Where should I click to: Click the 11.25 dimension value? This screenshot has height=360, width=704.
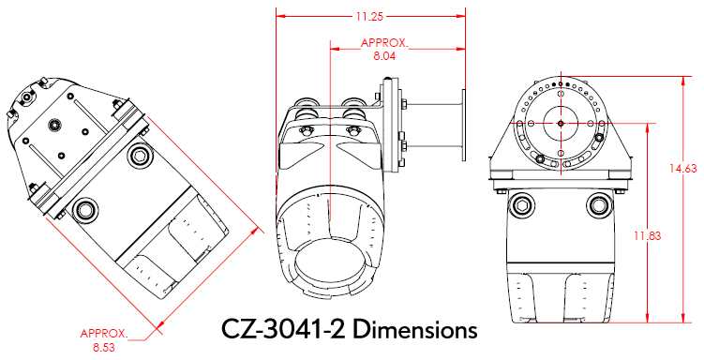pyautogui.click(x=370, y=17)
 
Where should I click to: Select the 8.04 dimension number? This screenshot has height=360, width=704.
pyautogui.click(x=384, y=56)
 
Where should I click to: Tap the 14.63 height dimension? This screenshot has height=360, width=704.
pyautogui.click(x=683, y=169)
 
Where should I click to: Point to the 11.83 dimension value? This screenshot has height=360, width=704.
pyautogui.click(x=648, y=235)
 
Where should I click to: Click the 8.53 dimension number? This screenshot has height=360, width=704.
pyautogui.click(x=104, y=348)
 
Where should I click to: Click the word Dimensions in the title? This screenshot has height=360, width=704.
pyautogui.click(x=414, y=330)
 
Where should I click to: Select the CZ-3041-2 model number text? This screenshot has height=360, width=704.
pyautogui.click(x=284, y=330)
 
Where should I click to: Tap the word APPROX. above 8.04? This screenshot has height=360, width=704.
pyautogui.click(x=385, y=43)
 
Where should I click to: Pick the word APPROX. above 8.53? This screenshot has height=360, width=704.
pyautogui.click(x=104, y=334)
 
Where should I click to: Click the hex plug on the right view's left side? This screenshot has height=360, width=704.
pyautogui.click(x=521, y=205)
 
